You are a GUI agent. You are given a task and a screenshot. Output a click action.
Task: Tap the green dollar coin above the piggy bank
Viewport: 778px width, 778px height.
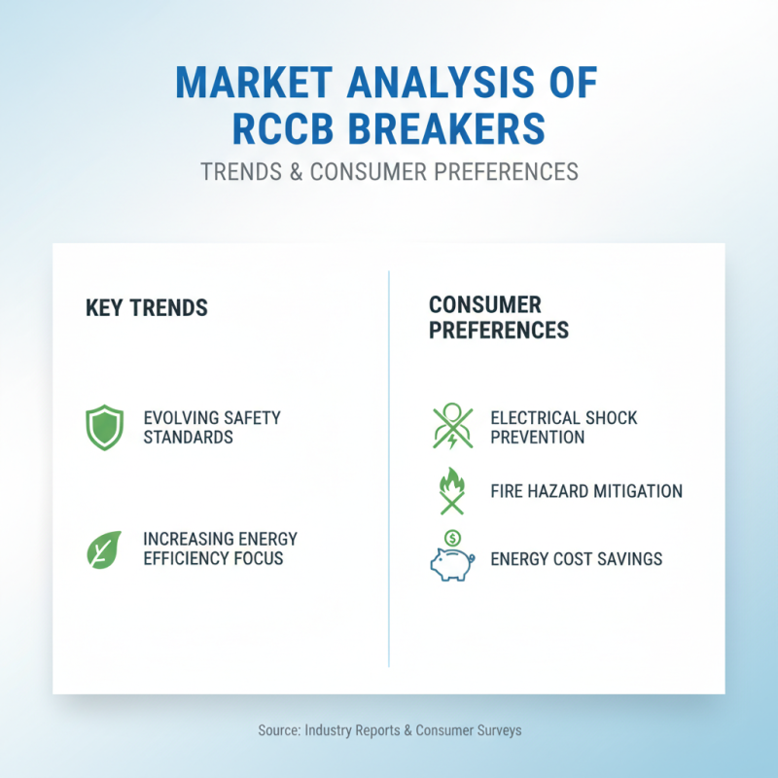point(452,537)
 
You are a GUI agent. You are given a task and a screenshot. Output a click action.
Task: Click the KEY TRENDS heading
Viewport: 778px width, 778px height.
point(147,308)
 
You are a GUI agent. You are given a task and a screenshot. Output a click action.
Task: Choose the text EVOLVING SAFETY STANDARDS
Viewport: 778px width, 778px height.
point(212,428)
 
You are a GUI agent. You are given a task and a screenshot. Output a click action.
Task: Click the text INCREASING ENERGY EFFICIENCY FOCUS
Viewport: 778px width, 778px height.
point(220,549)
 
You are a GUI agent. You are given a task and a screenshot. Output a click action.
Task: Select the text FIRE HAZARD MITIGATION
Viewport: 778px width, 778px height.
point(586,491)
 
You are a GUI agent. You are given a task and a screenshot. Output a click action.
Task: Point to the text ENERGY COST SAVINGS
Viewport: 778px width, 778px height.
point(577,559)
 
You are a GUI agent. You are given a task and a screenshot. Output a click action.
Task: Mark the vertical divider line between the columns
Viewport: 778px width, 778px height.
point(389,467)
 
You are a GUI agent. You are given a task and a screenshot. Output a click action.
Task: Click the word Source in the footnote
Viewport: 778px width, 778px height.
point(279,730)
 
